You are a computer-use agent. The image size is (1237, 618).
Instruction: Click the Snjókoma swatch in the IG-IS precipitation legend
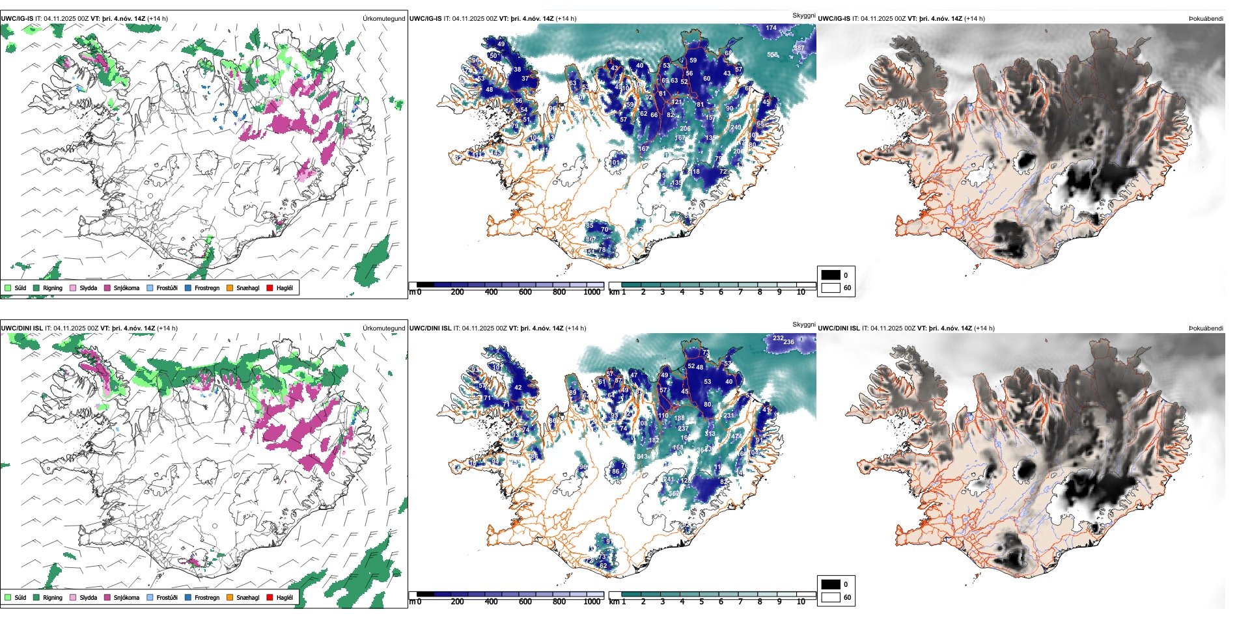[x=107, y=288]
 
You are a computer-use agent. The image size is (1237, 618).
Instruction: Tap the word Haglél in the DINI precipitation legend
[x=285, y=597]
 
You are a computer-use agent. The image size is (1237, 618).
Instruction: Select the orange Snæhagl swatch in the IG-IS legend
[x=230, y=288]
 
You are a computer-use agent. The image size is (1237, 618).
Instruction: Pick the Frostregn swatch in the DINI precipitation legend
[x=188, y=597]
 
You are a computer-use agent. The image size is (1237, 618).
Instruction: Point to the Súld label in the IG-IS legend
[x=20, y=288]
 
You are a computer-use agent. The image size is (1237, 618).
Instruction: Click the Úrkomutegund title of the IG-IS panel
[x=383, y=19]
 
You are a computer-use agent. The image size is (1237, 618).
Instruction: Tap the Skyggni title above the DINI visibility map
[x=803, y=324]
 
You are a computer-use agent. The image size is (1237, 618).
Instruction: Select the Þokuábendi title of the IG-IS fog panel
[x=1206, y=19]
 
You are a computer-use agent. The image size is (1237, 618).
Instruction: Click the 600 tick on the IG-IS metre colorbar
[x=525, y=292]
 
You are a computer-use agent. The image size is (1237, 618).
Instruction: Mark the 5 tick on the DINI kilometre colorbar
[x=701, y=602]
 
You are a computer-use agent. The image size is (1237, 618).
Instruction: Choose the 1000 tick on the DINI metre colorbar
[x=592, y=602]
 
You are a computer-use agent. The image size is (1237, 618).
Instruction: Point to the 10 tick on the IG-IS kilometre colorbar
[x=801, y=292]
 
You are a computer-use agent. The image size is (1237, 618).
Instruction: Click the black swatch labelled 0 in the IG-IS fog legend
[x=831, y=275]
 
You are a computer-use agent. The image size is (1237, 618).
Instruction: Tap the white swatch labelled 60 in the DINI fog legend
[x=831, y=597]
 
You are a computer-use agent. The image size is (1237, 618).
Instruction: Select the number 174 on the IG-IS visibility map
[x=771, y=28]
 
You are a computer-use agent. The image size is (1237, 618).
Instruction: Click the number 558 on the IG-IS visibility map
[x=772, y=55]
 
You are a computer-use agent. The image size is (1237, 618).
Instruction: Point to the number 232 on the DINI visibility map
[x=778, y=338]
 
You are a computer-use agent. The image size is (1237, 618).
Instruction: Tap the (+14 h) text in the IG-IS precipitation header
[x=158, y=19]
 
